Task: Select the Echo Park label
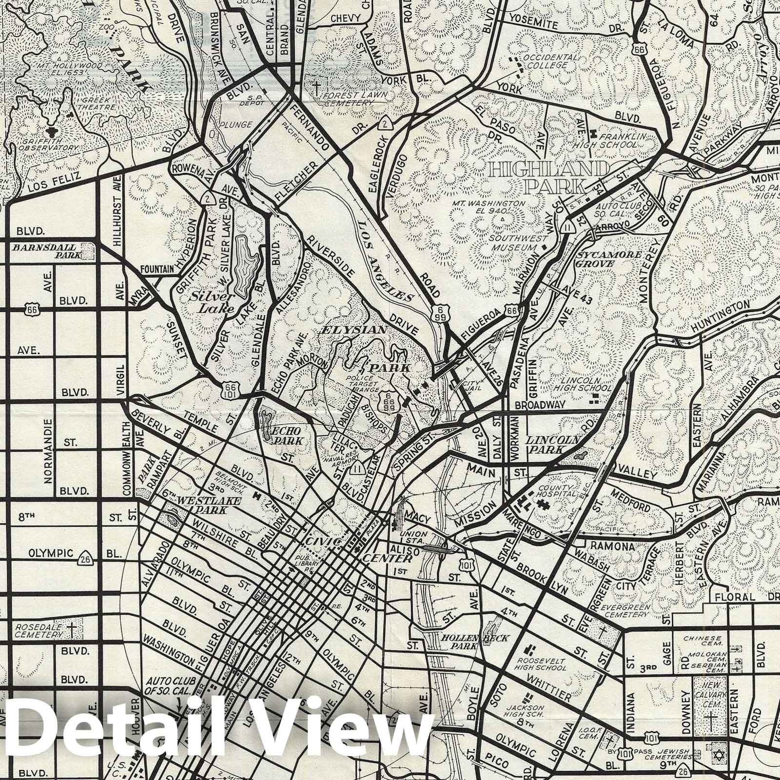[x=286, y=435]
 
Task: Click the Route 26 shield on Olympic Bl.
[x=87, y=555]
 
